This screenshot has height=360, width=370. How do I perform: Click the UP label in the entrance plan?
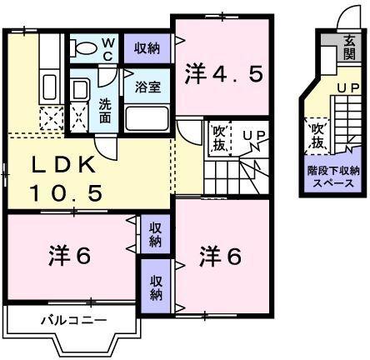pyautogui.click(x=348, y=87)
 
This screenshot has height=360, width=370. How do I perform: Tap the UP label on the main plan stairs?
pyautogui.click(x=253, y=133)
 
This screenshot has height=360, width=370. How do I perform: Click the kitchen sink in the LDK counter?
pyautogui.click(x=48, y=86)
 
